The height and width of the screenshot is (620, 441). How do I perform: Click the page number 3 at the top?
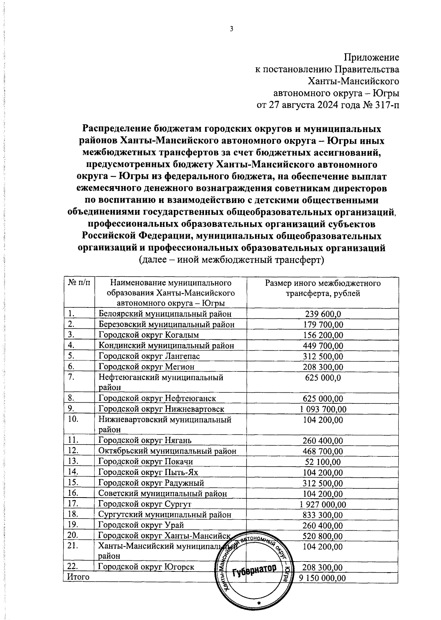pyautogui.click(x=232, y=30)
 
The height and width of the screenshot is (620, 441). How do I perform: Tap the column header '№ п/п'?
pyautogui.click(x=79, y=283)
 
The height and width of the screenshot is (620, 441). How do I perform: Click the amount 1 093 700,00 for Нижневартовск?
pyautogui.click(x=322, y=409)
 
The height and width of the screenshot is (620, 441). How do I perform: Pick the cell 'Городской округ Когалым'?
pyautogui.click(x=148, y=335)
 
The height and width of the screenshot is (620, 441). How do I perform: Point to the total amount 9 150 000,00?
pyautogui.click(x=322, y=578)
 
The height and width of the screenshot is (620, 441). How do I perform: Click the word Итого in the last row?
pyautogui.click(x=78, y=577)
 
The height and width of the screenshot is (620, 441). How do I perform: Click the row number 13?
pyautogui.click(x=73, y=462)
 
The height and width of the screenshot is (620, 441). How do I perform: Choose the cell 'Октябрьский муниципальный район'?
pyautogui.click(x=167, y=451)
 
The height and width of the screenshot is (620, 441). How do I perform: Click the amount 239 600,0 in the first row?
pyautogui.click(x=323, y=314)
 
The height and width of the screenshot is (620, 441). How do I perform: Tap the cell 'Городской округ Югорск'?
pyautogui.click(x=146, y=567)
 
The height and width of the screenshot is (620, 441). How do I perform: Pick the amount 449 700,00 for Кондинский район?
pyautogui.click(x=323, y=346)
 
